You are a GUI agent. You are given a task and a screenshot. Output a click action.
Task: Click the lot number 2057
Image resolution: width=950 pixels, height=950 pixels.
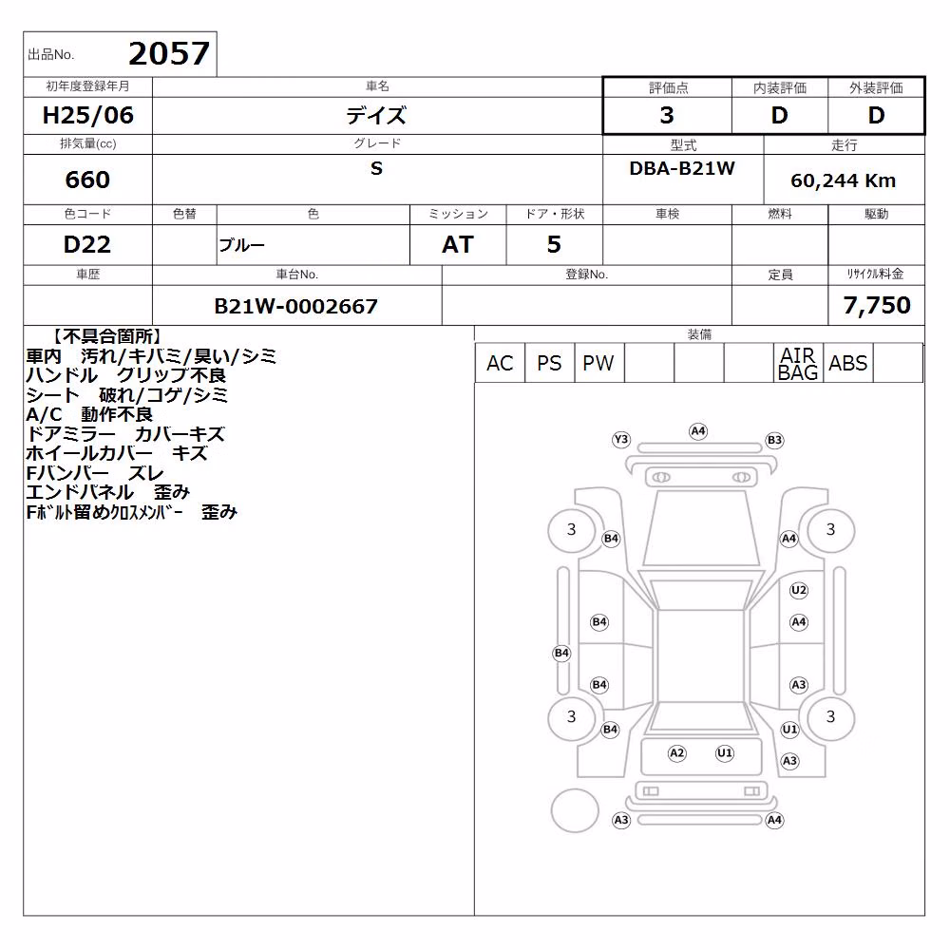click(x=169, y=53)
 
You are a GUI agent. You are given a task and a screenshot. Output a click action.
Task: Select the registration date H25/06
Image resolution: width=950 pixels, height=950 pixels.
click(x=87, y=115)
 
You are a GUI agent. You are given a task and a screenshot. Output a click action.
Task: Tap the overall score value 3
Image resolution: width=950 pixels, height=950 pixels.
click(x=667, y=115)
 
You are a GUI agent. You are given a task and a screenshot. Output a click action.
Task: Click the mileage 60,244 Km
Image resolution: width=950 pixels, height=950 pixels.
click(x=843, y=180)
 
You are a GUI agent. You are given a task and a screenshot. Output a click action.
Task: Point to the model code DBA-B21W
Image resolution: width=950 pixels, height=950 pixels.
click(x=682, y=168)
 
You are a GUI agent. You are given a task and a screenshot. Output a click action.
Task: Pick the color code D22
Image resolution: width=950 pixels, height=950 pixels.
click(x=87, y=244)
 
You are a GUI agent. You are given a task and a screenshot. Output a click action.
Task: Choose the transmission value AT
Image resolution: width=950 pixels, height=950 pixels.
click(x=458, y=244)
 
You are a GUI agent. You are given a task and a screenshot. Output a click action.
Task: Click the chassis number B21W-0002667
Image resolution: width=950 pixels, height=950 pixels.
click(x=295, y=306)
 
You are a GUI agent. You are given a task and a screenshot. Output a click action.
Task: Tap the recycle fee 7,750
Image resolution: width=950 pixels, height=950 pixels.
click(x=877, y=305)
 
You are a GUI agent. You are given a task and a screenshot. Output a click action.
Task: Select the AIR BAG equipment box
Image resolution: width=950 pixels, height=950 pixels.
click(x=798, y=363)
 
